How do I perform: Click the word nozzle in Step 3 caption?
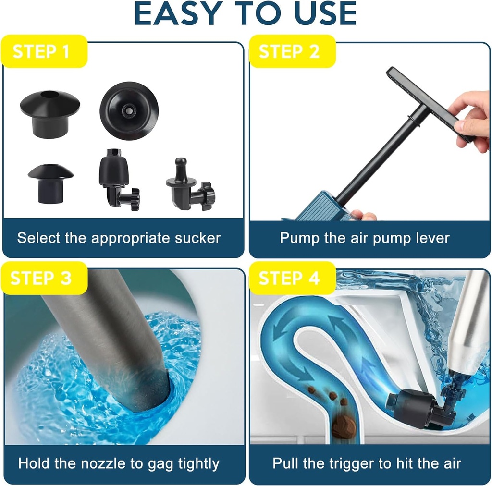107,463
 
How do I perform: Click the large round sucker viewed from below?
129,110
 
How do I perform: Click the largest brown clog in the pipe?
344,426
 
